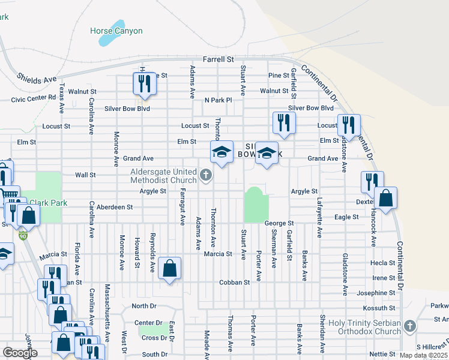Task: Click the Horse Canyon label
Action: (116, 31)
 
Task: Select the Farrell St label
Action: (218, 59)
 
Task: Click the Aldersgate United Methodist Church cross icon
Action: (206, 175)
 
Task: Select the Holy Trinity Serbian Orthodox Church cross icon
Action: (409, 326)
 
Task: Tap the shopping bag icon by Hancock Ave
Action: (386, 198)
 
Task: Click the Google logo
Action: (20, 352)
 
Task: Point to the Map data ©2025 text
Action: (423, 355)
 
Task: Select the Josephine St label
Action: (376, 293)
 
